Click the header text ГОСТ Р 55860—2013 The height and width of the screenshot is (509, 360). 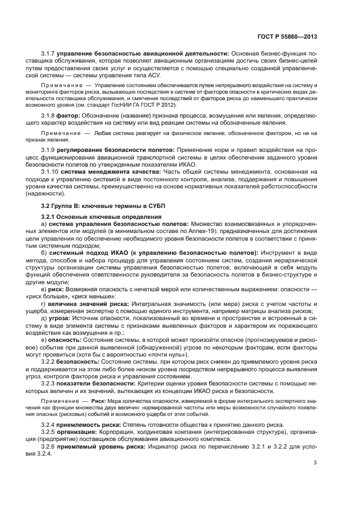point(287,38)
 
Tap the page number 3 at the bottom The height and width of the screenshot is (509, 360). point(315,463)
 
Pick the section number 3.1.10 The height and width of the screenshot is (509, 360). point(51,171)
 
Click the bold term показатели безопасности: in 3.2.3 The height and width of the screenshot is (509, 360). point(106,383)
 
